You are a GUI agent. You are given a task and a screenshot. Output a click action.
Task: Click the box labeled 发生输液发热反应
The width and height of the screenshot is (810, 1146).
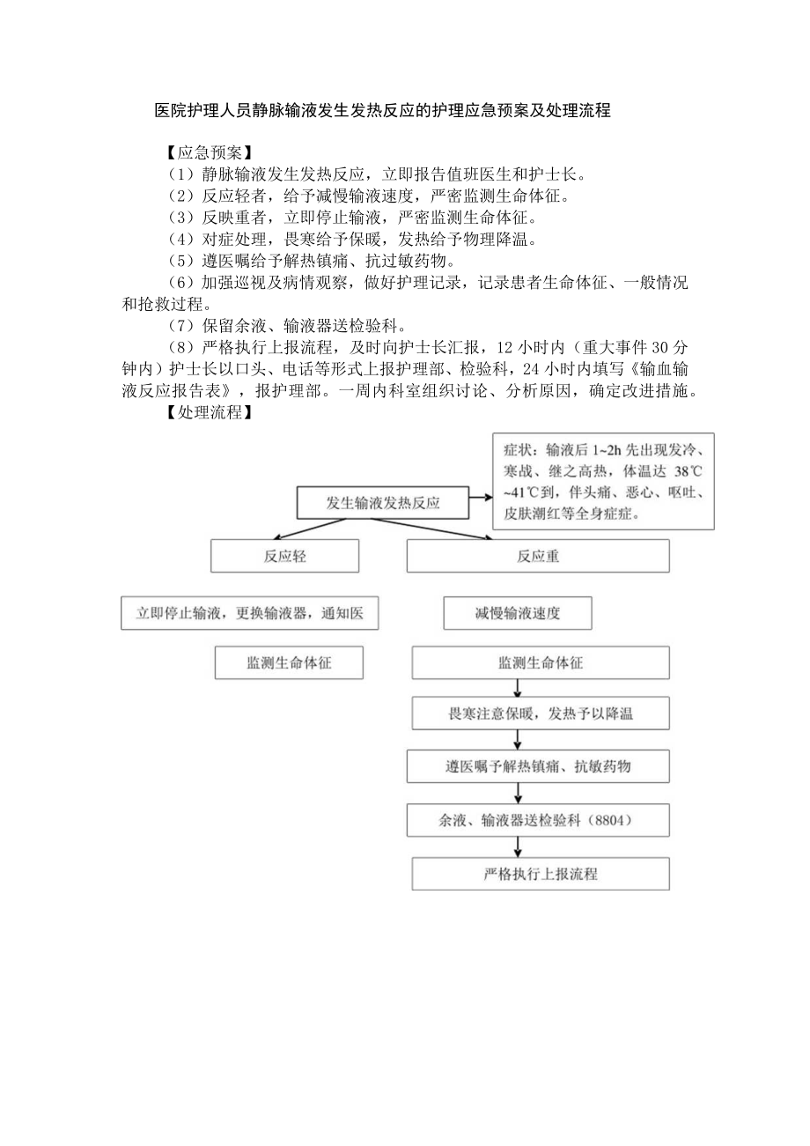(x=382, y=504)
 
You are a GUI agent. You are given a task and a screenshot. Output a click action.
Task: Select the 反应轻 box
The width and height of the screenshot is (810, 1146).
(x=284, y=556)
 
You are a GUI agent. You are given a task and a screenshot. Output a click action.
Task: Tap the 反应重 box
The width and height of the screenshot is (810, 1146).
(x=537, y=556)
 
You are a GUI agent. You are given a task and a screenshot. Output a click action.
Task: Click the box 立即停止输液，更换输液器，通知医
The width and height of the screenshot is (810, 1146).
(x=249, y=613)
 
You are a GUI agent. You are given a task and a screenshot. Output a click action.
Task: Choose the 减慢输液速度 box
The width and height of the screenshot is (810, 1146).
(x=517, y=613)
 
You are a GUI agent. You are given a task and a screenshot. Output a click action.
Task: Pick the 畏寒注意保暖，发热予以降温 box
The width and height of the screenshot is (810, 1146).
(x=540, y=713)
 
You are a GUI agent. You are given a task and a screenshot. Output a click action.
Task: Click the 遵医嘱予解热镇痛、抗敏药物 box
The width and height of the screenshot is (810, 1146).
(x=540, y=766)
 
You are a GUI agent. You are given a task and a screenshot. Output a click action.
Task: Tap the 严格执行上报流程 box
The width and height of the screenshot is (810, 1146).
(x=540, y=874)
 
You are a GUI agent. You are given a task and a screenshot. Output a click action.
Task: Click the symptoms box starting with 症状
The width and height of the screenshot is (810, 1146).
(x=603, y=481)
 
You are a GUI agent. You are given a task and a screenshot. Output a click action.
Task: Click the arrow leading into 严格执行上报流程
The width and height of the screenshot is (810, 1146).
(x=519, y=847)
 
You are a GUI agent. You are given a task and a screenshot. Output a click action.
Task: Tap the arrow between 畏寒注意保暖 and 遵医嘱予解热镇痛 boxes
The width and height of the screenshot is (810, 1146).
(x=519, y=740)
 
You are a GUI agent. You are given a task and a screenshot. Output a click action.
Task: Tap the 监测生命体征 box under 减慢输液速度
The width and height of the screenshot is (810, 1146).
(x=540, y=662)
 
